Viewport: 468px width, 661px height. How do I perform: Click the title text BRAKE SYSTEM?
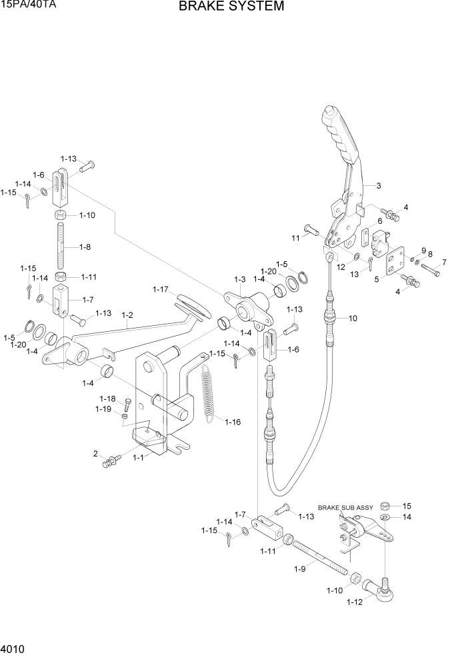click(x=231, y=7)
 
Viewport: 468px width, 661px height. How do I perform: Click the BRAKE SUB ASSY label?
click(x=345, y=507)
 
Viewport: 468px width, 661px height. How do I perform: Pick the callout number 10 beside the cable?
click(x=353, y=318)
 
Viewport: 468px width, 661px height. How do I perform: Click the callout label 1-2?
click(x=127, y=315)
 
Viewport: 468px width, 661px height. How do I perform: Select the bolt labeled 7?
click(x=431, y=271)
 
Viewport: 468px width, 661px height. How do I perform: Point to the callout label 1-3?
click(x=240, y=279)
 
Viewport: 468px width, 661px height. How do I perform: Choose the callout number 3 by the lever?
click(x=378, y=185)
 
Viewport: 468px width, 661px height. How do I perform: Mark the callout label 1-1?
click(x=139, y=458)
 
